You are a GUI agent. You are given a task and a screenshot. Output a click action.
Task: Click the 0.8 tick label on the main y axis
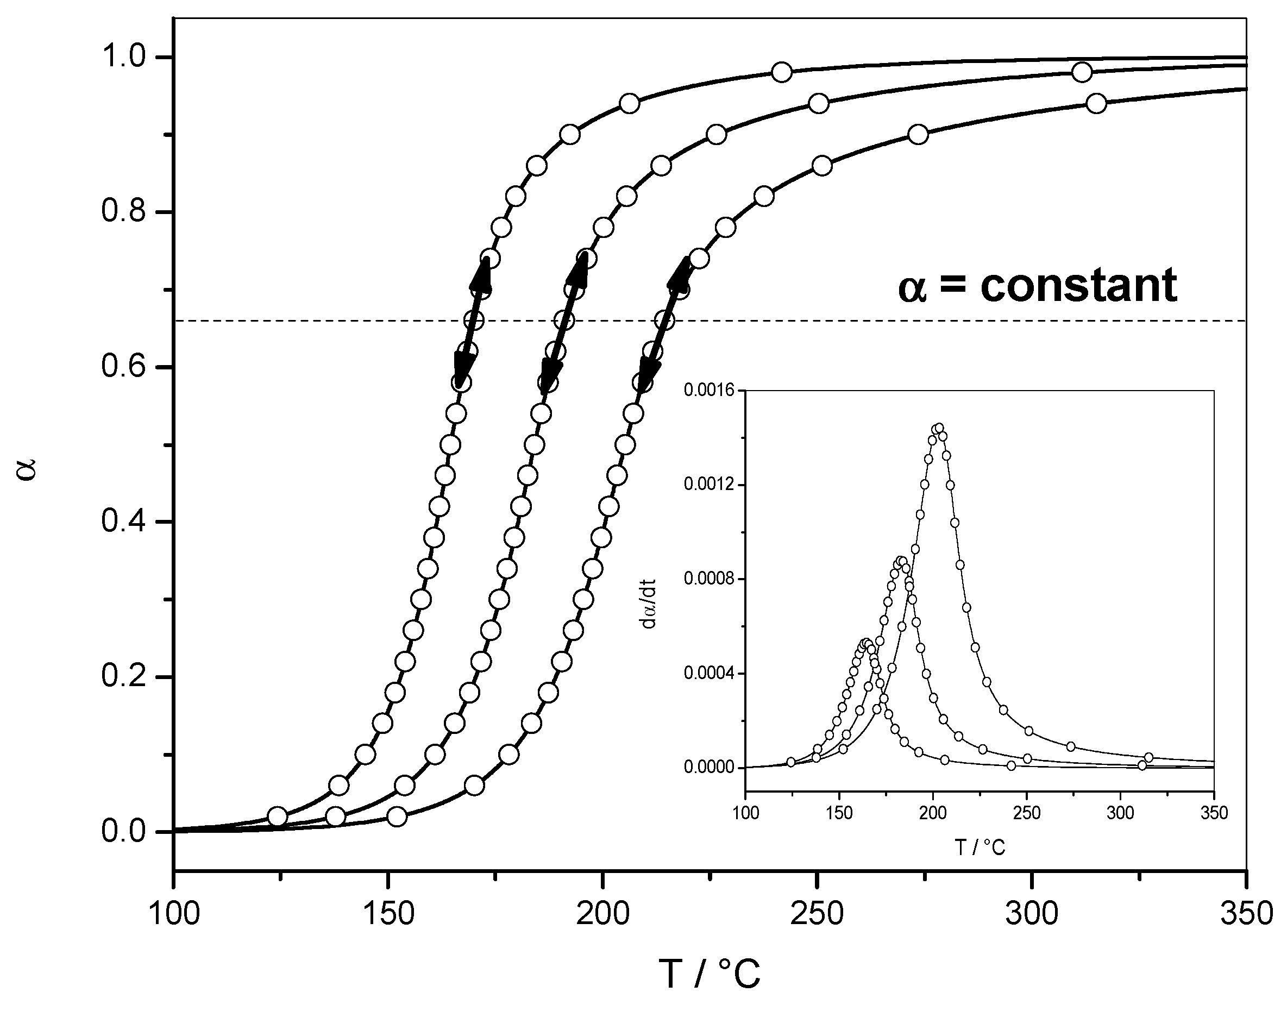click(123, 212)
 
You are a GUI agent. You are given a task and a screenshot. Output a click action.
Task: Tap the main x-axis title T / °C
click(709, 974)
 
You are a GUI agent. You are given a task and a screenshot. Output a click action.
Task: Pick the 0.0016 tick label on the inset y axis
click(708, 390)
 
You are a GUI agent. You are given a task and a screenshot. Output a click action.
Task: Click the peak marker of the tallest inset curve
click(938, 428)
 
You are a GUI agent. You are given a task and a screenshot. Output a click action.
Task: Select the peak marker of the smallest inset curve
click(866, 643)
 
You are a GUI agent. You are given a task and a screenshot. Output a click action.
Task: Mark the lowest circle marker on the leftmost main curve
click(277, 817)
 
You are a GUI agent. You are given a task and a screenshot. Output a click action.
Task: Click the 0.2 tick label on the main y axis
click(123, 676)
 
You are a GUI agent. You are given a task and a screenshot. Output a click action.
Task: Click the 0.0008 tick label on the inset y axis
click(708, 579)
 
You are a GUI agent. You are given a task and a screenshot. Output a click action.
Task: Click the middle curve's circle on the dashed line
click(564, 320)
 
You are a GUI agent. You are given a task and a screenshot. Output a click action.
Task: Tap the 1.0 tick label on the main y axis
click(123, 57)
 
